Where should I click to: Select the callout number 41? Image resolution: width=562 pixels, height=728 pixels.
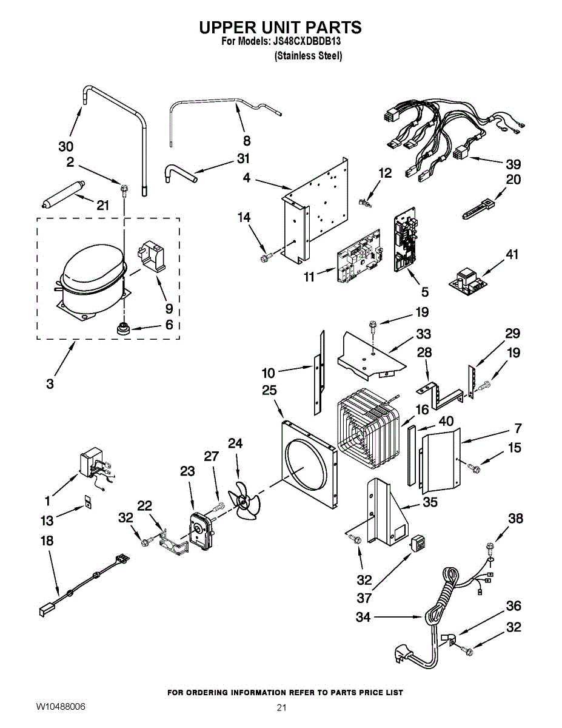point(512,255)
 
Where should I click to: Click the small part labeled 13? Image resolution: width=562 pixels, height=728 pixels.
point(87,501)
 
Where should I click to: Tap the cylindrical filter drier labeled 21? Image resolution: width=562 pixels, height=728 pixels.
point(61,194)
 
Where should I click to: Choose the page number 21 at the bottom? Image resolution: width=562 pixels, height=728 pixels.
point(281,707)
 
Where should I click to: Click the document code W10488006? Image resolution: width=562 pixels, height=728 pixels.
point(60,707)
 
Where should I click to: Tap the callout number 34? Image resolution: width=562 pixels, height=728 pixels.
point(363,618)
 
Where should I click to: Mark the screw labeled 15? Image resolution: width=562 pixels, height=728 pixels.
point(475,467)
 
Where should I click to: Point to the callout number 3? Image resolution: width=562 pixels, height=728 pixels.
point(50,383)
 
